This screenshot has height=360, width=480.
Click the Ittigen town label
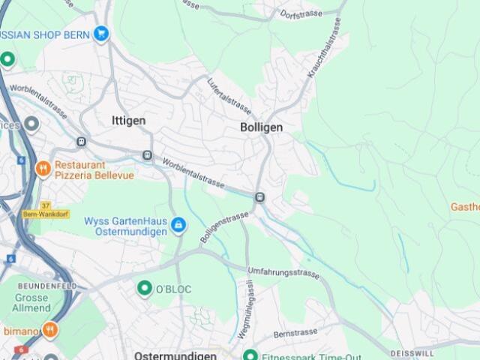click(128, 120)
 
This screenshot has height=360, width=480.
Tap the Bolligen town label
click(262, 127)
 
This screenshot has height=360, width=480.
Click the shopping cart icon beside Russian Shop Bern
click(102, 34)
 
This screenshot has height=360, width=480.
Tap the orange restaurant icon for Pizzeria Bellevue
click(43, 169)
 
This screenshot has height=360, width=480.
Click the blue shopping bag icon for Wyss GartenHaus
click(178, 224)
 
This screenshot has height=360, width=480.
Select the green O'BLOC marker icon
click(145, 288)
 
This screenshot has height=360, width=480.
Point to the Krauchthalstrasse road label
click(324, 49)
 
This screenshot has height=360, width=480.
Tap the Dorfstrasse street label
click(301, 13)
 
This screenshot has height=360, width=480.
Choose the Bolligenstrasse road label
click(223, 227)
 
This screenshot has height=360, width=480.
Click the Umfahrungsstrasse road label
click(283, 271)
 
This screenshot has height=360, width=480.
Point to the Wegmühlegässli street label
click(246, 308)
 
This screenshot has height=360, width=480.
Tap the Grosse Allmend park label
click(31, 303)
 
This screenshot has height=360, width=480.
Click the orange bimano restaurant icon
click(50, 329)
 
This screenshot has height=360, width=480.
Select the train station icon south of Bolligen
click(259, 197)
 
